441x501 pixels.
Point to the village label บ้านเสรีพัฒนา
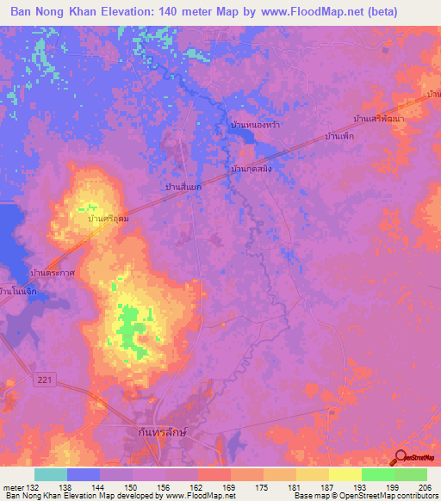click(x=378, y=117)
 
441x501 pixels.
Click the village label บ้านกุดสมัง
click(x=252, y=170)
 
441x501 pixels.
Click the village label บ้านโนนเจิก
click(x=23, y=292)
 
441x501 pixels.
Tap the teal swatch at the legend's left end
click(x=51, y=474)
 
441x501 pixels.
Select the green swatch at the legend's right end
click(x=410, y=474)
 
